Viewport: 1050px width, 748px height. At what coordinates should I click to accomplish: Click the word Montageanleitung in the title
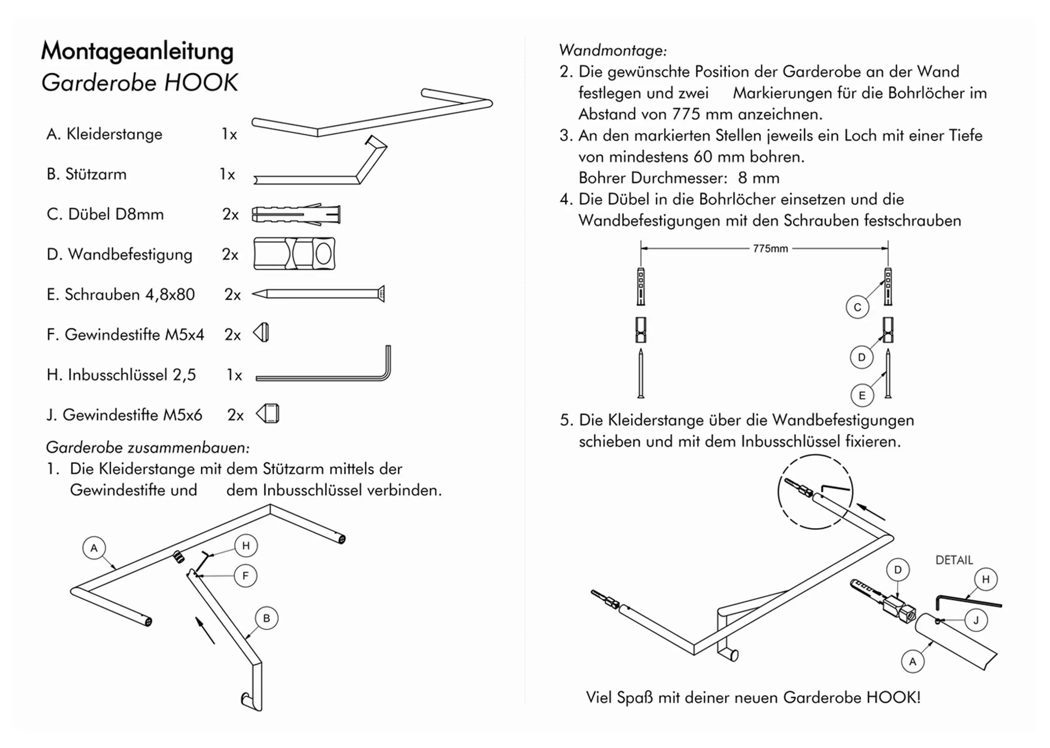pyautogui.click(x=137, y=51)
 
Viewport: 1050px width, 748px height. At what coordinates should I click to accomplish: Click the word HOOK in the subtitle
pyautogui.click(x=200, y=83)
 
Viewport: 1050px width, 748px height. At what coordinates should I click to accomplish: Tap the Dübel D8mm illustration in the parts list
pyautogui.click(x=296, y=215)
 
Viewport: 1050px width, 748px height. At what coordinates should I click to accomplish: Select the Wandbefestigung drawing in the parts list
pyautogui.click(x=294, y=254)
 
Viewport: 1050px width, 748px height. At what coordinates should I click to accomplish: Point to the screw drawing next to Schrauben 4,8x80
pyautogui.click(x=318, y=294)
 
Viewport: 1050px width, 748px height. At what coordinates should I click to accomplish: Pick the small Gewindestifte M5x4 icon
pyautogui.click(x=261, y=333)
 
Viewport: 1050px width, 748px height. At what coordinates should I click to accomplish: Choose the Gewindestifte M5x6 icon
pyautogui.click(x=268, y=414)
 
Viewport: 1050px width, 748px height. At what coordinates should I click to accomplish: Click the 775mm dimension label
pyautogui.click(x=770, y=249)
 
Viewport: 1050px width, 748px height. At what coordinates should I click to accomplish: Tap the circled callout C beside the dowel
pyautogui.click(x=857, y=307)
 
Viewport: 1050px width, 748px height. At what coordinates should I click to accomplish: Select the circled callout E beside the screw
pyautogui.click(x=862, y=396)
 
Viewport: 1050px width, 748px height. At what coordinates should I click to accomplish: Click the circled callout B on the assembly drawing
pyautogui.click(x=266, y=618)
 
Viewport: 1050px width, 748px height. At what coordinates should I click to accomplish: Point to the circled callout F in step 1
pyautogui.click(x=245, y=576)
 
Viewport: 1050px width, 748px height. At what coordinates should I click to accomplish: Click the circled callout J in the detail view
pyautogui.click(x=976, y=621)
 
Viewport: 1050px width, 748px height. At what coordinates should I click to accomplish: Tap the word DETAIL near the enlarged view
pyautogui.click(x=954, y=560)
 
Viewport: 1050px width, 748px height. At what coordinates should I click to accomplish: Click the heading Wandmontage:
pyautogui.click(x=612, y=50)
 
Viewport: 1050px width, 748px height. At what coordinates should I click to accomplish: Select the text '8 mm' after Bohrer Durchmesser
pyautogui.click(x=759, y=178)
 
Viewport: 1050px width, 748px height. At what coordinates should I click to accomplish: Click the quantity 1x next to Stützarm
pyautogui.click(x=227, y=175)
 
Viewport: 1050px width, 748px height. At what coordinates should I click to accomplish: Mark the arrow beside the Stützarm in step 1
pyautogui.click(x=205, y=630)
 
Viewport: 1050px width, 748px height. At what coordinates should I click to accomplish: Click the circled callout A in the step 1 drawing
pyautogui.click(x=94, y=548)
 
